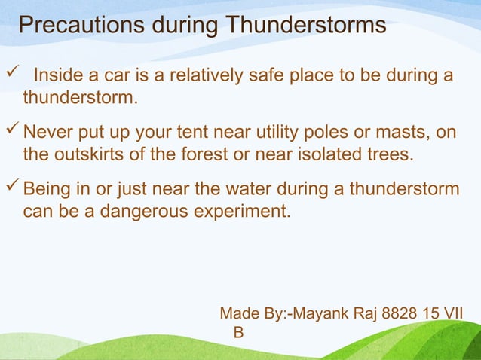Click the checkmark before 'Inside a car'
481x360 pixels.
tap(11, 75)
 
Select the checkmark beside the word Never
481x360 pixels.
tap(12, 133)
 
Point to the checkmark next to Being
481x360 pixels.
tap(12, 188)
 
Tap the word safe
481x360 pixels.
tap(265, 76)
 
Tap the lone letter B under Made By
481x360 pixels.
tap(239, 332)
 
